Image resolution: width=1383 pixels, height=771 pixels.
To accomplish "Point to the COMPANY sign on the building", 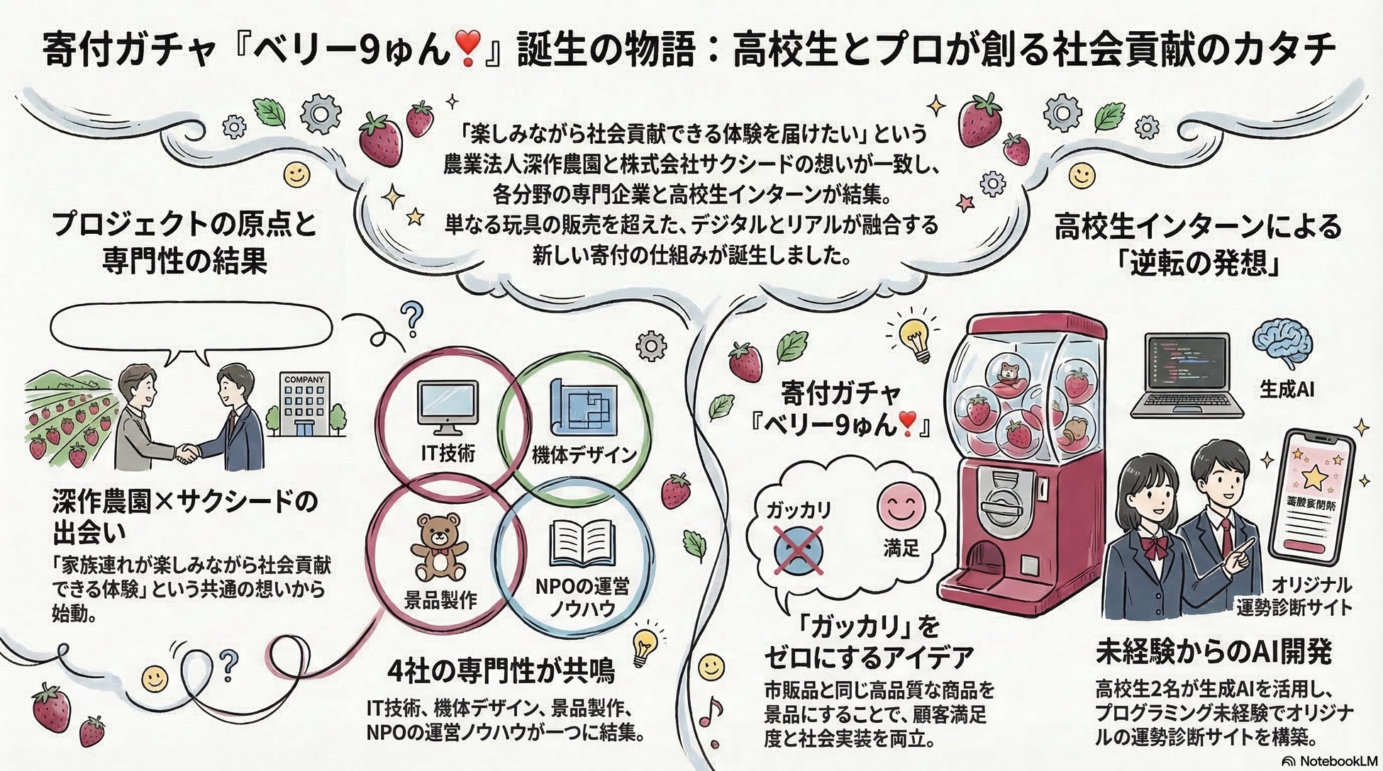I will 304,380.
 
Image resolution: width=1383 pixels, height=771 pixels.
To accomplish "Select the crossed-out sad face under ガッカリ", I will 797,548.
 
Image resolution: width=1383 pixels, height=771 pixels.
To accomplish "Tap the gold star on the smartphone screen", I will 1314,477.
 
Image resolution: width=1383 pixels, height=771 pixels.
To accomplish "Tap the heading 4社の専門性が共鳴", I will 501,670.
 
